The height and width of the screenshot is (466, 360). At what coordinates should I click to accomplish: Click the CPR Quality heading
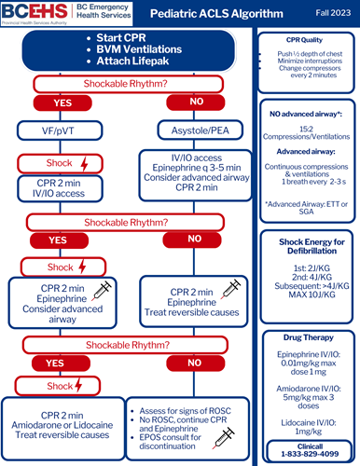point(307,39)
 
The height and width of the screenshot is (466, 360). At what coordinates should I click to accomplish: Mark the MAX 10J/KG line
point(307,297)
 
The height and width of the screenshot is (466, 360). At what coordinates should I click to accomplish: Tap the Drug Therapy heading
point(307,336)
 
